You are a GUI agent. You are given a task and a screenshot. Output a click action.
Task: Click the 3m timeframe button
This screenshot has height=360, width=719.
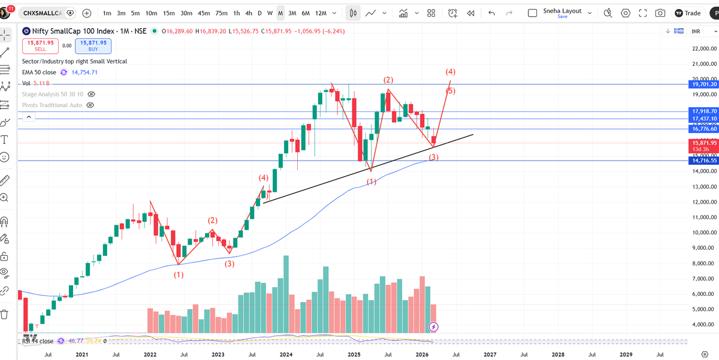click(x=121, y=13)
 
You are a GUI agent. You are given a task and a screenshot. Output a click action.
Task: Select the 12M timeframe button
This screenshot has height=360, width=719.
click(x=321, y=13)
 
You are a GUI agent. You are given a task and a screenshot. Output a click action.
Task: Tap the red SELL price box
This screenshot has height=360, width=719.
click(x=40, y=46)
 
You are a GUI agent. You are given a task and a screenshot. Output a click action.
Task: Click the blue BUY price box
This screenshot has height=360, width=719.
click(x=92, y=46)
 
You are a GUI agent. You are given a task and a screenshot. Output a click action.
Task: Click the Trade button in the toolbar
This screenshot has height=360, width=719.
click(x=687, y=13)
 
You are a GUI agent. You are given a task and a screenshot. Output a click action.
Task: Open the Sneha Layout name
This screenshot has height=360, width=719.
click(x=562, y=11)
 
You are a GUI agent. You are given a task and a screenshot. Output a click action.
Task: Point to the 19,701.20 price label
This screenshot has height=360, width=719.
click(x=704, y=85)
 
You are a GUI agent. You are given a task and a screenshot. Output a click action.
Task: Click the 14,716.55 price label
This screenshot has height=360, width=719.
click(x=704, y=161)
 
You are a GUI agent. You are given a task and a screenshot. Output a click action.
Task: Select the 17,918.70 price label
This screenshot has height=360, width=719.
click(x=704, y=111)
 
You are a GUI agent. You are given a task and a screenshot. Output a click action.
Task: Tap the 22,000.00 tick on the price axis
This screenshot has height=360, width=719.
click(x=704, y=49)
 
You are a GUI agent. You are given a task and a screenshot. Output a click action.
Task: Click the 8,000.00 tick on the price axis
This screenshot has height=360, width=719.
click(x=704, y=264)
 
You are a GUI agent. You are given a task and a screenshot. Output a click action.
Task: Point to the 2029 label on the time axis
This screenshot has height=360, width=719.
click(x=626, y=355)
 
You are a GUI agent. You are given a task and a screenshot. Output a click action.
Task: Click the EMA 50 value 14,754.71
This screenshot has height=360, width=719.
click(x=84, y=72)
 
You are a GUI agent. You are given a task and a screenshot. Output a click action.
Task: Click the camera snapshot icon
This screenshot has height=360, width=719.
click(x=660, y=13)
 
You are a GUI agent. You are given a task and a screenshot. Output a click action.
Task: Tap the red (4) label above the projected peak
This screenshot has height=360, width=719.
click(x=451, y=72)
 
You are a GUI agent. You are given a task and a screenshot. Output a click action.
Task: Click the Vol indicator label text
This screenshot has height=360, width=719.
click(x=26, y=83)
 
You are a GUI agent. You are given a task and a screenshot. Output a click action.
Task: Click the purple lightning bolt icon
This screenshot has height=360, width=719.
click(x=434, y=327)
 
